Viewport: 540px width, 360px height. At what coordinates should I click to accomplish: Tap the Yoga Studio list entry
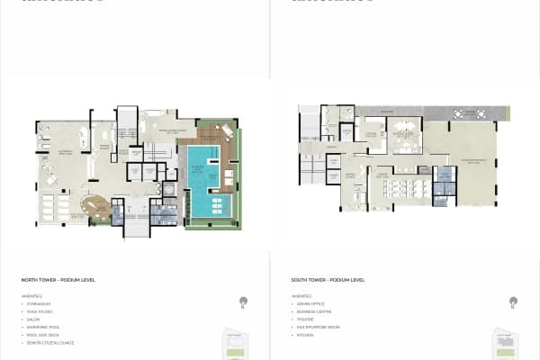click(40, 311)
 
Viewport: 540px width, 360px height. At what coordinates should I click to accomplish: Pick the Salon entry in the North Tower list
click(34, 319)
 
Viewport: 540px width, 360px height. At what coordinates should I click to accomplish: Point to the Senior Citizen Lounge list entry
click(49, 343)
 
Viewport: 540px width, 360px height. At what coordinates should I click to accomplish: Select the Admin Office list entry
click(310, 304)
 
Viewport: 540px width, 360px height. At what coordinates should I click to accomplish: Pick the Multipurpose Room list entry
click(317, 327)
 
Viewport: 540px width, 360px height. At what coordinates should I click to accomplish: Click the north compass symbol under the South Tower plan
click(513, 303)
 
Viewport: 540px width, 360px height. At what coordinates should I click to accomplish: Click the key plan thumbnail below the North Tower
click(238, 343)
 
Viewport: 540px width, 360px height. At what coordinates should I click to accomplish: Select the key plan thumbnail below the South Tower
click(508, 343)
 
